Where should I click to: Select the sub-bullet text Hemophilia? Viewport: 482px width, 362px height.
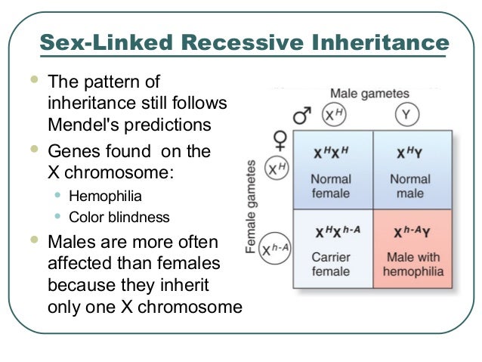(x=105, y=197)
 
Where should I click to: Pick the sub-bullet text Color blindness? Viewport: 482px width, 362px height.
(x=119, y=218)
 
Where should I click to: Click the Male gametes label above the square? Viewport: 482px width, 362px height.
(x=369, y=94)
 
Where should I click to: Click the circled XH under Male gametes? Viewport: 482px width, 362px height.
(x=333, y=115)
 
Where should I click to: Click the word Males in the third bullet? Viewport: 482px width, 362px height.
(x=73, y=243)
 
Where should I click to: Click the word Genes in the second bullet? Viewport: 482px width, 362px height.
(x=73, y=151)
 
